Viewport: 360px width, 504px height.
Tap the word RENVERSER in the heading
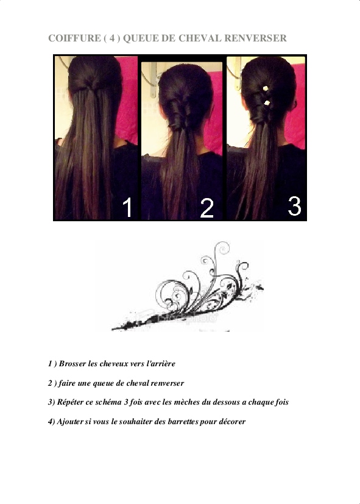255,38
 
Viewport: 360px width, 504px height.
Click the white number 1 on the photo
127,207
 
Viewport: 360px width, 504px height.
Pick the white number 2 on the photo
207,208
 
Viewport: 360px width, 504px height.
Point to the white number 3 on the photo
294,206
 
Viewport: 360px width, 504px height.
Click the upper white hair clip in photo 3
266,88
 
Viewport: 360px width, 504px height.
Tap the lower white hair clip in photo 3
267,103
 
